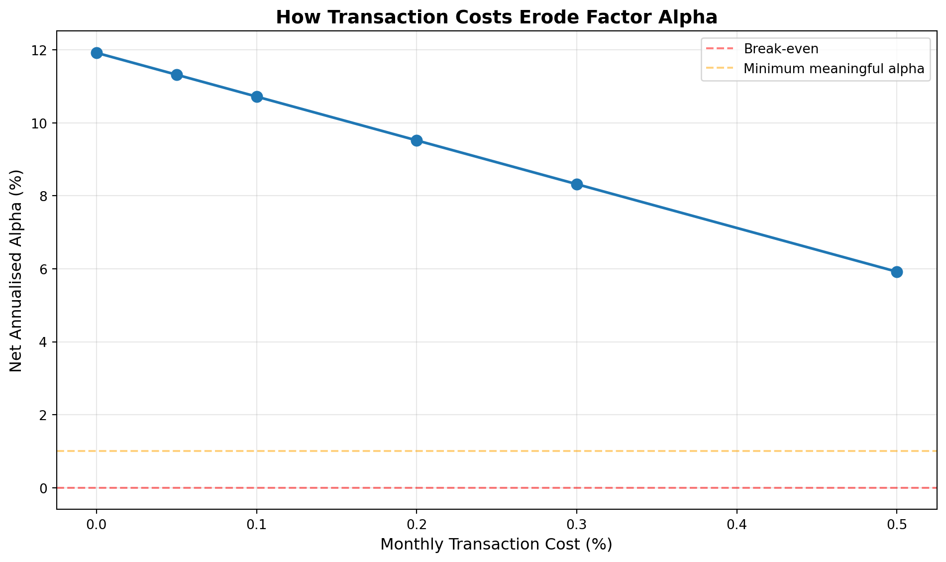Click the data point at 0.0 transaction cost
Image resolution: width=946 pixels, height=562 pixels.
click(97, 53)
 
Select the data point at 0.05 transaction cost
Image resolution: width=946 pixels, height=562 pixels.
click(177, 75)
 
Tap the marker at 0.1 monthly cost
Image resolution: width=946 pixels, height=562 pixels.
click(257, 97)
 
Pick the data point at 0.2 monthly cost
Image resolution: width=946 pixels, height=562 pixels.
click(417, 140)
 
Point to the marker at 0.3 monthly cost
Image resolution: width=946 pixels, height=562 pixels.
click(577, 184)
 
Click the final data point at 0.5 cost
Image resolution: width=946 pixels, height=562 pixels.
click(897, 272)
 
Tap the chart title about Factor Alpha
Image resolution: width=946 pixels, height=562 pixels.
click(497, 17)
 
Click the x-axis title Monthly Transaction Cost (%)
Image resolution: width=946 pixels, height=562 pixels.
click(496, 544)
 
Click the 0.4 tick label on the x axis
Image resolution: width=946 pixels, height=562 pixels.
click(736, 524)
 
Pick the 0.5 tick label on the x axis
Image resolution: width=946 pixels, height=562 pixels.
click(897, 524)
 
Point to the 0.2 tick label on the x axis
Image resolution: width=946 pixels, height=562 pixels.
click(417, 524)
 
